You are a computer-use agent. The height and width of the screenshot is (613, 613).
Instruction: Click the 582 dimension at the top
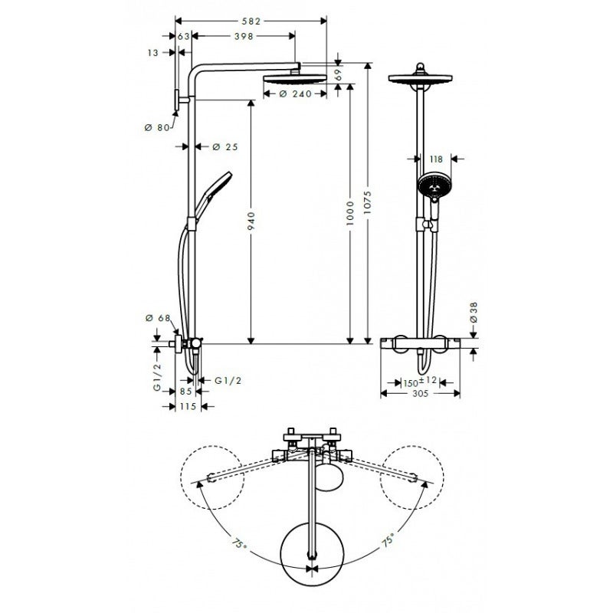click(x=251, y=22)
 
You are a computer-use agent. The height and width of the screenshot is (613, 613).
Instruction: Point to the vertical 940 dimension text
click(x=251, y=220)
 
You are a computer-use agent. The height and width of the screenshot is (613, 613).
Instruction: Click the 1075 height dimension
click(x=368, y=202)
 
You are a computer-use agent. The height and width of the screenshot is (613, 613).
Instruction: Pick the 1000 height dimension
click(x=349, y=212)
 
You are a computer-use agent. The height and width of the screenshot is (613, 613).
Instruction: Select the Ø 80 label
click(x=156, y=127)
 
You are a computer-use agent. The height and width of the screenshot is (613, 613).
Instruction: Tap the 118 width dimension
click(x=436, y=159)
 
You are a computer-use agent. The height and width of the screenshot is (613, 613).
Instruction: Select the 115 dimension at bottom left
click(x=185, y=407)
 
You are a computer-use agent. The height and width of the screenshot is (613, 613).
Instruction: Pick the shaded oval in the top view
click(x=332, y=478)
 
